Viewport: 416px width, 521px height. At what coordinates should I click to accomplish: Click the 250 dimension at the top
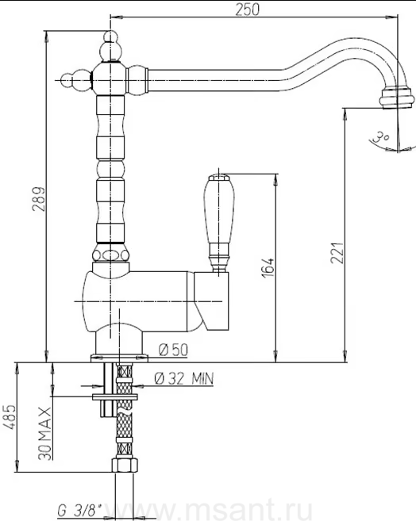(x=247, y=9)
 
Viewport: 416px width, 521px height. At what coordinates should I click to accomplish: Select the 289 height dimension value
(x=38, y=199)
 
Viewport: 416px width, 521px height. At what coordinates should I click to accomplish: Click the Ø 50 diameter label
(x=173, y=350)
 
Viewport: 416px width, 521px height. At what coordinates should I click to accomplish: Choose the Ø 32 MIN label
(x=184, y=378)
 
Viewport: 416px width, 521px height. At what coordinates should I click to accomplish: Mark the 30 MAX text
(x=44, y=433)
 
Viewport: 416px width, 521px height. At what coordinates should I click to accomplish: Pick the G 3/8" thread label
(x=79, y=509)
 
